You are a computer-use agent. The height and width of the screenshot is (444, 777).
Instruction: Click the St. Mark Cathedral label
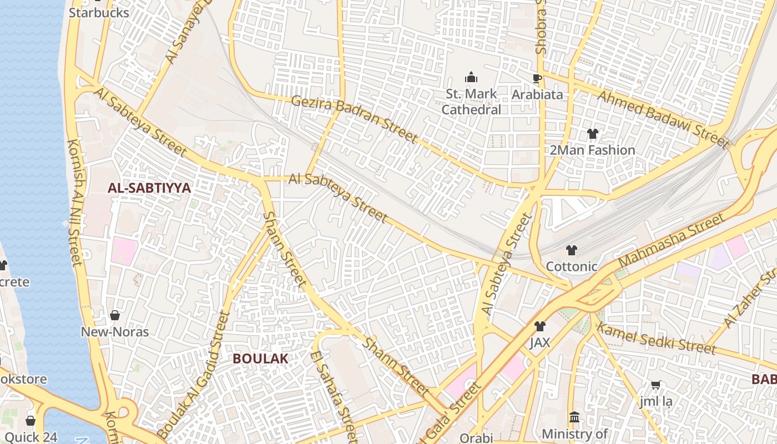(x=471, y=102)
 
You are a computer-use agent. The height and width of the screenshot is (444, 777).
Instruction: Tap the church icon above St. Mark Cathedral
(x=471, y=77)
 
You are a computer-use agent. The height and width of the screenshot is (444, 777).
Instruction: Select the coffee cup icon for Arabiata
(x=537, y=78)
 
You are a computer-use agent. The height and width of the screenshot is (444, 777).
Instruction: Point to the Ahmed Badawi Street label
(x=663, y=119)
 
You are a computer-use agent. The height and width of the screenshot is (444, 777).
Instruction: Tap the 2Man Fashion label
(x=592, y=150)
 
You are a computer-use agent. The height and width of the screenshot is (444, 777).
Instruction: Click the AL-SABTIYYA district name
(x=149, y=188)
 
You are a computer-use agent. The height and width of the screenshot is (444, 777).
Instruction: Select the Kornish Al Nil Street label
(x=74, y=202)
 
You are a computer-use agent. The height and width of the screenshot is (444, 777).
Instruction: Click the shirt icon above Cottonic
(x=571, y=250)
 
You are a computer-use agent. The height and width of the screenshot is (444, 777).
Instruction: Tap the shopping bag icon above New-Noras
(x=115, y=316)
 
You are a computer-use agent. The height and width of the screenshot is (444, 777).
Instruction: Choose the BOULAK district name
(x=260, y=359)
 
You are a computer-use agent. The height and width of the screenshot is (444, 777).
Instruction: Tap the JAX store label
(x=539, y=342)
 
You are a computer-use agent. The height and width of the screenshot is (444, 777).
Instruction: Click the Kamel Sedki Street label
(x=655, y=337)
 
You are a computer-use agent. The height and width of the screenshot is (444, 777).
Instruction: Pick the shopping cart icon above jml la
(x=655, y=385)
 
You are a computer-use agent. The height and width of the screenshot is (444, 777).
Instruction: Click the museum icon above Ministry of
(x=574, y=417)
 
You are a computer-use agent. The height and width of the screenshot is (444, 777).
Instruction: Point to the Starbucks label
(x=99, y=12)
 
